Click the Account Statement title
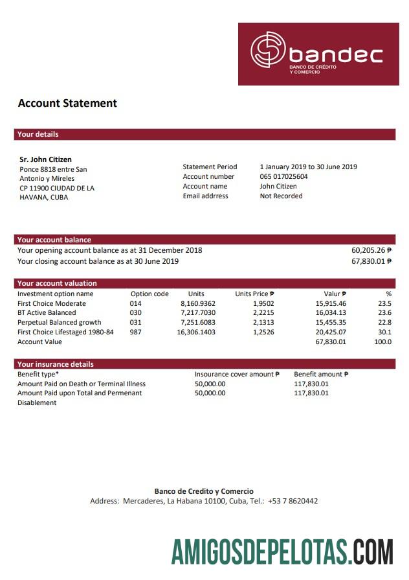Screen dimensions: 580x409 click(x=67, y=103)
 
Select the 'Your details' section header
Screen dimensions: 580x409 click(x=38, y=134)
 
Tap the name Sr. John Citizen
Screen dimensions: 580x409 click(x=46, y=159)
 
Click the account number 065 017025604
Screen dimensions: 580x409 click(x=283, y=176)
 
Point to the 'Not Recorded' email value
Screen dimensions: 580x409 click(x=281, y=196)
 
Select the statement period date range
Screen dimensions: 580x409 click(x=308, y=167)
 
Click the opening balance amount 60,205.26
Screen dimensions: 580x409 click(x=368, y=250)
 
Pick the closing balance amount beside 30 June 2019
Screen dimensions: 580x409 click(x=368, y=261)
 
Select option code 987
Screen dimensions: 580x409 click(x=135, y=332)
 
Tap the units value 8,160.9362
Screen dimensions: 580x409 click(x=198, y=303)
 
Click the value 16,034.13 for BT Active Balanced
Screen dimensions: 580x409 click(x=331, y=313)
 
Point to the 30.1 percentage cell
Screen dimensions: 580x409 click(x=384, y=332)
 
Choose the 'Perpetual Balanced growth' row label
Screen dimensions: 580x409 click(x=59, y=323)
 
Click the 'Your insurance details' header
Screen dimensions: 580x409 click(x=55, y=364)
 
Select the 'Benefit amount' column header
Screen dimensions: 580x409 click(x=321, y=374)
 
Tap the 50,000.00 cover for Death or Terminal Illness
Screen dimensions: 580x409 click(x=210, y=384)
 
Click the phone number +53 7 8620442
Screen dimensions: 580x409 click(x=293, y=501)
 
